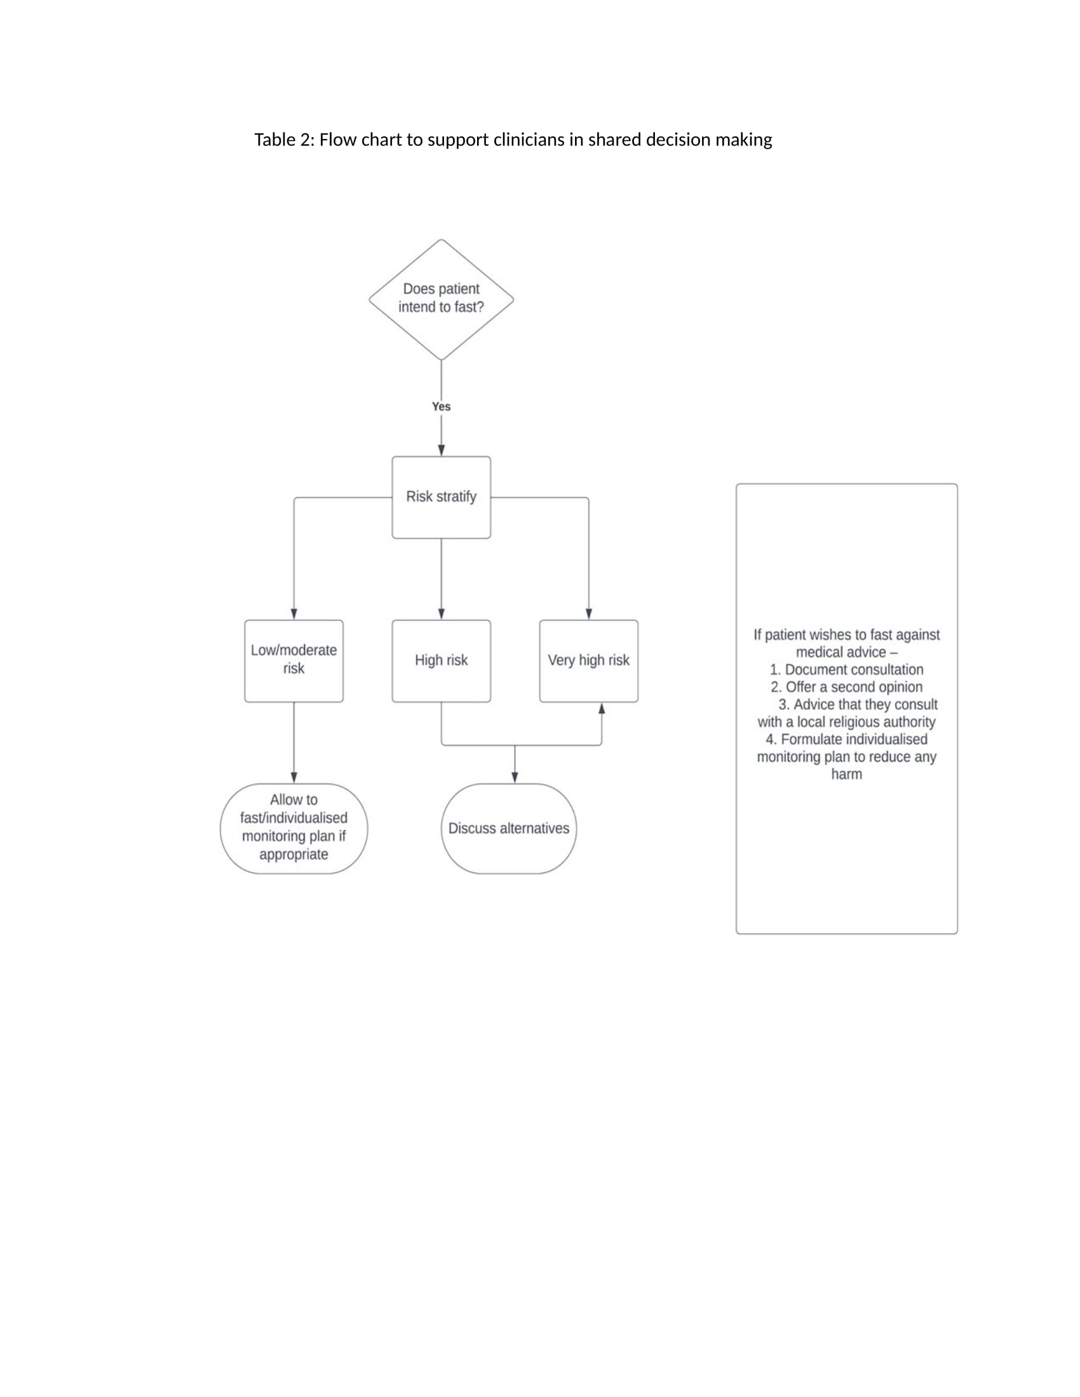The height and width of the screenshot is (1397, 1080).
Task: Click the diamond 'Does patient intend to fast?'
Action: tap(441, 299)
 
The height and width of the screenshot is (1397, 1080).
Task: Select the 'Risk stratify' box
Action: tap(441, 497)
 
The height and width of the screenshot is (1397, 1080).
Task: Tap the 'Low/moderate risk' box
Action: tap(294, 661)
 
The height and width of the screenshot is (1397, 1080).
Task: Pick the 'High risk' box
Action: tap(441, 661)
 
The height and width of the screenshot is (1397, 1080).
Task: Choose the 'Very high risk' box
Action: tap(589, 661)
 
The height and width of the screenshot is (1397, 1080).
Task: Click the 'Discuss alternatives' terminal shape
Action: tap(509, 828)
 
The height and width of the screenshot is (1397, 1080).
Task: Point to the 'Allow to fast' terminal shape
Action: tap(294, 828)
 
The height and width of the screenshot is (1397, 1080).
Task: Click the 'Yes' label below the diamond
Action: tap(441, 406)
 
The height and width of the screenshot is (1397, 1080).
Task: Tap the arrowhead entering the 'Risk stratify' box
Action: tap(441, 450)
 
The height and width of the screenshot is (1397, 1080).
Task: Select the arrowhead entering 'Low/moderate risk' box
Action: tap(294, 614)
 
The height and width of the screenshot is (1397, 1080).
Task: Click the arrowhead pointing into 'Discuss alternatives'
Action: tap(515, 778)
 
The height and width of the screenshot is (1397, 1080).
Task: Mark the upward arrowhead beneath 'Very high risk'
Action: tap(602, 708)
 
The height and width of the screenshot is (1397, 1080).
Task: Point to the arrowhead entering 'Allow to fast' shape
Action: tap(294, 778)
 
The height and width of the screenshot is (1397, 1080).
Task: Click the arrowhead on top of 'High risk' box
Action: tap(441, 614)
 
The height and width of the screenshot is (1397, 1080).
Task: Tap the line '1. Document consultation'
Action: tap(846, 670)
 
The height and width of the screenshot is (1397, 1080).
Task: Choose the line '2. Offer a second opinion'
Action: tap(846, 687)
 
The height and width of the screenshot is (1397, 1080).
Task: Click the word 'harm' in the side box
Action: tap(846, 774)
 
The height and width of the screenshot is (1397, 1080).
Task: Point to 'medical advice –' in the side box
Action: tap(846, 652)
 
